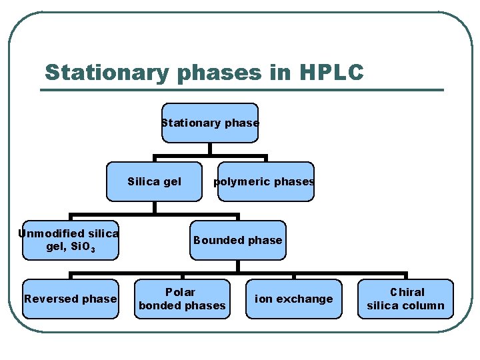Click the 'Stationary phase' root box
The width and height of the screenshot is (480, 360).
point(210,123)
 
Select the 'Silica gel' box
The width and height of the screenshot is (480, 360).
point(154,181)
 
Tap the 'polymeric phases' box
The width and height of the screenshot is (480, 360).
point(265,181)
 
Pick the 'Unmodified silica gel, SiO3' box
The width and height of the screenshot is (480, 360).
point(70,240)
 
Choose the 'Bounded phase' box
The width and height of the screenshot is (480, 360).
point(238,240)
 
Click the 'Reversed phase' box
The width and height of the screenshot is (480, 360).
point(70,299)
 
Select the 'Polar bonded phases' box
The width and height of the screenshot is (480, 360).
point(182,299)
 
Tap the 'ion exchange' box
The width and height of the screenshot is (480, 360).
point(293,299)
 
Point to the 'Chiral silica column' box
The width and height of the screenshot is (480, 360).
point(405,299)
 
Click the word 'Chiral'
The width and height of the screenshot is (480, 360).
point(407,292)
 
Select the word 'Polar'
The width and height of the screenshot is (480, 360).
point(181,292)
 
